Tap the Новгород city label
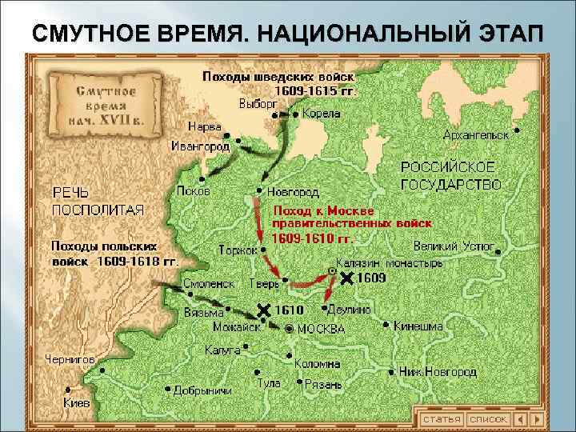[x=293, y=192]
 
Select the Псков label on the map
[x=194, y=192]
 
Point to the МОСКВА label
[x=321, y=329]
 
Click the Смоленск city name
[x=208, y=283]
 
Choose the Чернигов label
[x=70, y=359]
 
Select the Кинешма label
[x=419, y=326]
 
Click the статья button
[x=442, y=418]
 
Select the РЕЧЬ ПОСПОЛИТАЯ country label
[x=98, y=201]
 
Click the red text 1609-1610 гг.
[x=311, y=238]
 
